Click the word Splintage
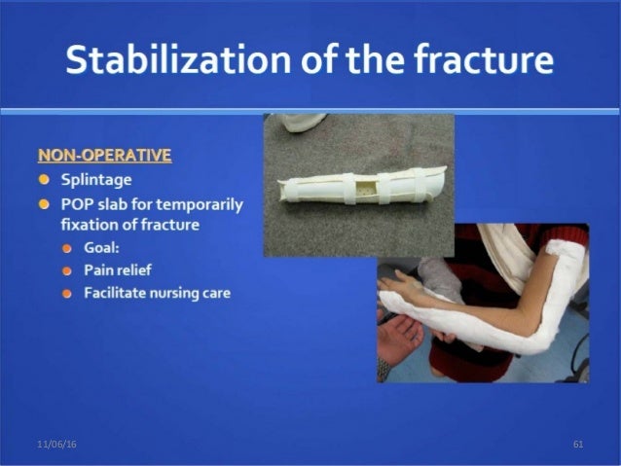(95, 180)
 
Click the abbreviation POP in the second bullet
(77, 204)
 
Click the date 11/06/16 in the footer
(56, 444)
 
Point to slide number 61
(578, 444)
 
